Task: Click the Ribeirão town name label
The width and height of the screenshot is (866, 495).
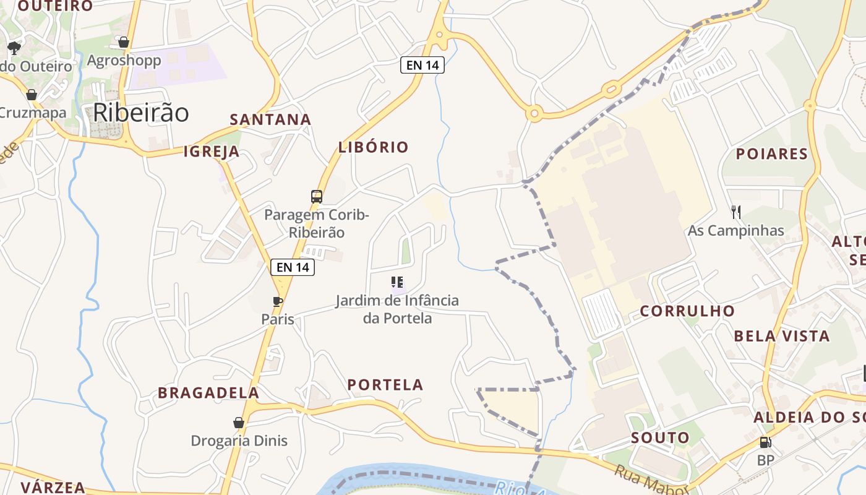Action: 141,113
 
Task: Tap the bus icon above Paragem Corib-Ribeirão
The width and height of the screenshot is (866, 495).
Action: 317,197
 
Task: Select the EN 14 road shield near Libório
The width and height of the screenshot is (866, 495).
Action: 422,65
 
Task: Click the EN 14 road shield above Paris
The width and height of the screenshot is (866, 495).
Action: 293,267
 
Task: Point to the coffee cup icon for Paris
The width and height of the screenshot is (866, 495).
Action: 278,302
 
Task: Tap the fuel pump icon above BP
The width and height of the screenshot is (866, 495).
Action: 765,442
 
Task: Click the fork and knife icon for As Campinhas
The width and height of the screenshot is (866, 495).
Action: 736,212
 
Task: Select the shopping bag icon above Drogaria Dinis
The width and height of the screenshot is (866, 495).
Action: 239,423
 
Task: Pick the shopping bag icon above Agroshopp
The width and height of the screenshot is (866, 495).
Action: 124,42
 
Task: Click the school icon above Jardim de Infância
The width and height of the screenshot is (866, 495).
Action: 397,283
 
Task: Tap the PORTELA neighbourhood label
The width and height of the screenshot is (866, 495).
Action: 385,385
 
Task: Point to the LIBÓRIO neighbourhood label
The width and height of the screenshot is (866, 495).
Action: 374,147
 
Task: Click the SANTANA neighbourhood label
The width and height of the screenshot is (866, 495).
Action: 270,119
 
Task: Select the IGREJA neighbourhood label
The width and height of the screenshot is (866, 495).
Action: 212,152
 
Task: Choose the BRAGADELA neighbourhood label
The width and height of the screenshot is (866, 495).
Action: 208,393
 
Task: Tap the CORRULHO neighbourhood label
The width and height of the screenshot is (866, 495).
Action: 687,311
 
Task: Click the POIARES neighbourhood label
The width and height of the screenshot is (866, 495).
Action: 772,154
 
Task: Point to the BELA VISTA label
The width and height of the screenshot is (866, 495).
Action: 782,337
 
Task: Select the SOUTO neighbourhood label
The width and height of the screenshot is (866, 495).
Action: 660,438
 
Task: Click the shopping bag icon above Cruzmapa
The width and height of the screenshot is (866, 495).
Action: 32,95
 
